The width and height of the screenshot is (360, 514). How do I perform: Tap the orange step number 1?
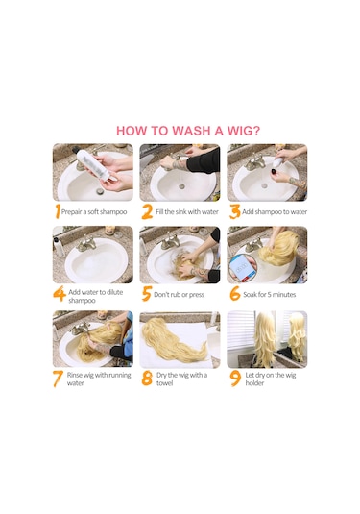tap(58, 211)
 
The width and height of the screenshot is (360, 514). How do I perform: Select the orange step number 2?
tap(147, 211)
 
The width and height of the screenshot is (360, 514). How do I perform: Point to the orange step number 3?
tap(234, 211)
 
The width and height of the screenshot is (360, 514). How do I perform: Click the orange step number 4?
tap(60, 293)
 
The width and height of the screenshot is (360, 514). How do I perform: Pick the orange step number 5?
tap(147, 293)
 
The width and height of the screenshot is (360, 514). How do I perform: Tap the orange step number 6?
tap(235, 293)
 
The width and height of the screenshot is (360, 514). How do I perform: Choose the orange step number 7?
tap(58, 379)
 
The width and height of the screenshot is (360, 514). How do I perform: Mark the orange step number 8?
tap(147, 378)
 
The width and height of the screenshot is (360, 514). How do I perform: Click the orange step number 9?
tap(235, 379)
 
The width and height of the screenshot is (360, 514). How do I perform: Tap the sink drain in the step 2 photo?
tap(182, 186)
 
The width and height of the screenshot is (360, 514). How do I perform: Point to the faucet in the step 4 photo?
tap(86, 244)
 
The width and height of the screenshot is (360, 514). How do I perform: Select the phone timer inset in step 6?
tap(243, 267)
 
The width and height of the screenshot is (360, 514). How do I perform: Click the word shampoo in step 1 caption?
tap(112, 212)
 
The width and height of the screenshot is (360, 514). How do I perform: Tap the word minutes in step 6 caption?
tap(283, 294)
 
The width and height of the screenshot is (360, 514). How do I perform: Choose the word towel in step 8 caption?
tap(164, 383)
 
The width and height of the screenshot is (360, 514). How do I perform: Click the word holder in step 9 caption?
tap(254, 383)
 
